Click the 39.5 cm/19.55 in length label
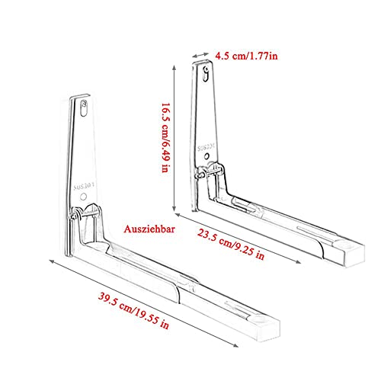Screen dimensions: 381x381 pyautogui.click(x=125, y=317)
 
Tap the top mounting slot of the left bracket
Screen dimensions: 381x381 pyautogui.click(x=82, y=108)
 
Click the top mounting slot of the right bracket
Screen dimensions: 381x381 pyautogui.click(x=206, y=73)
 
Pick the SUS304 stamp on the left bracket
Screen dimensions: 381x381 pyautogui.click(x=85, y=183)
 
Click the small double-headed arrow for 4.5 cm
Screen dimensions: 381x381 pyautogui.click(x=203, y=55)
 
